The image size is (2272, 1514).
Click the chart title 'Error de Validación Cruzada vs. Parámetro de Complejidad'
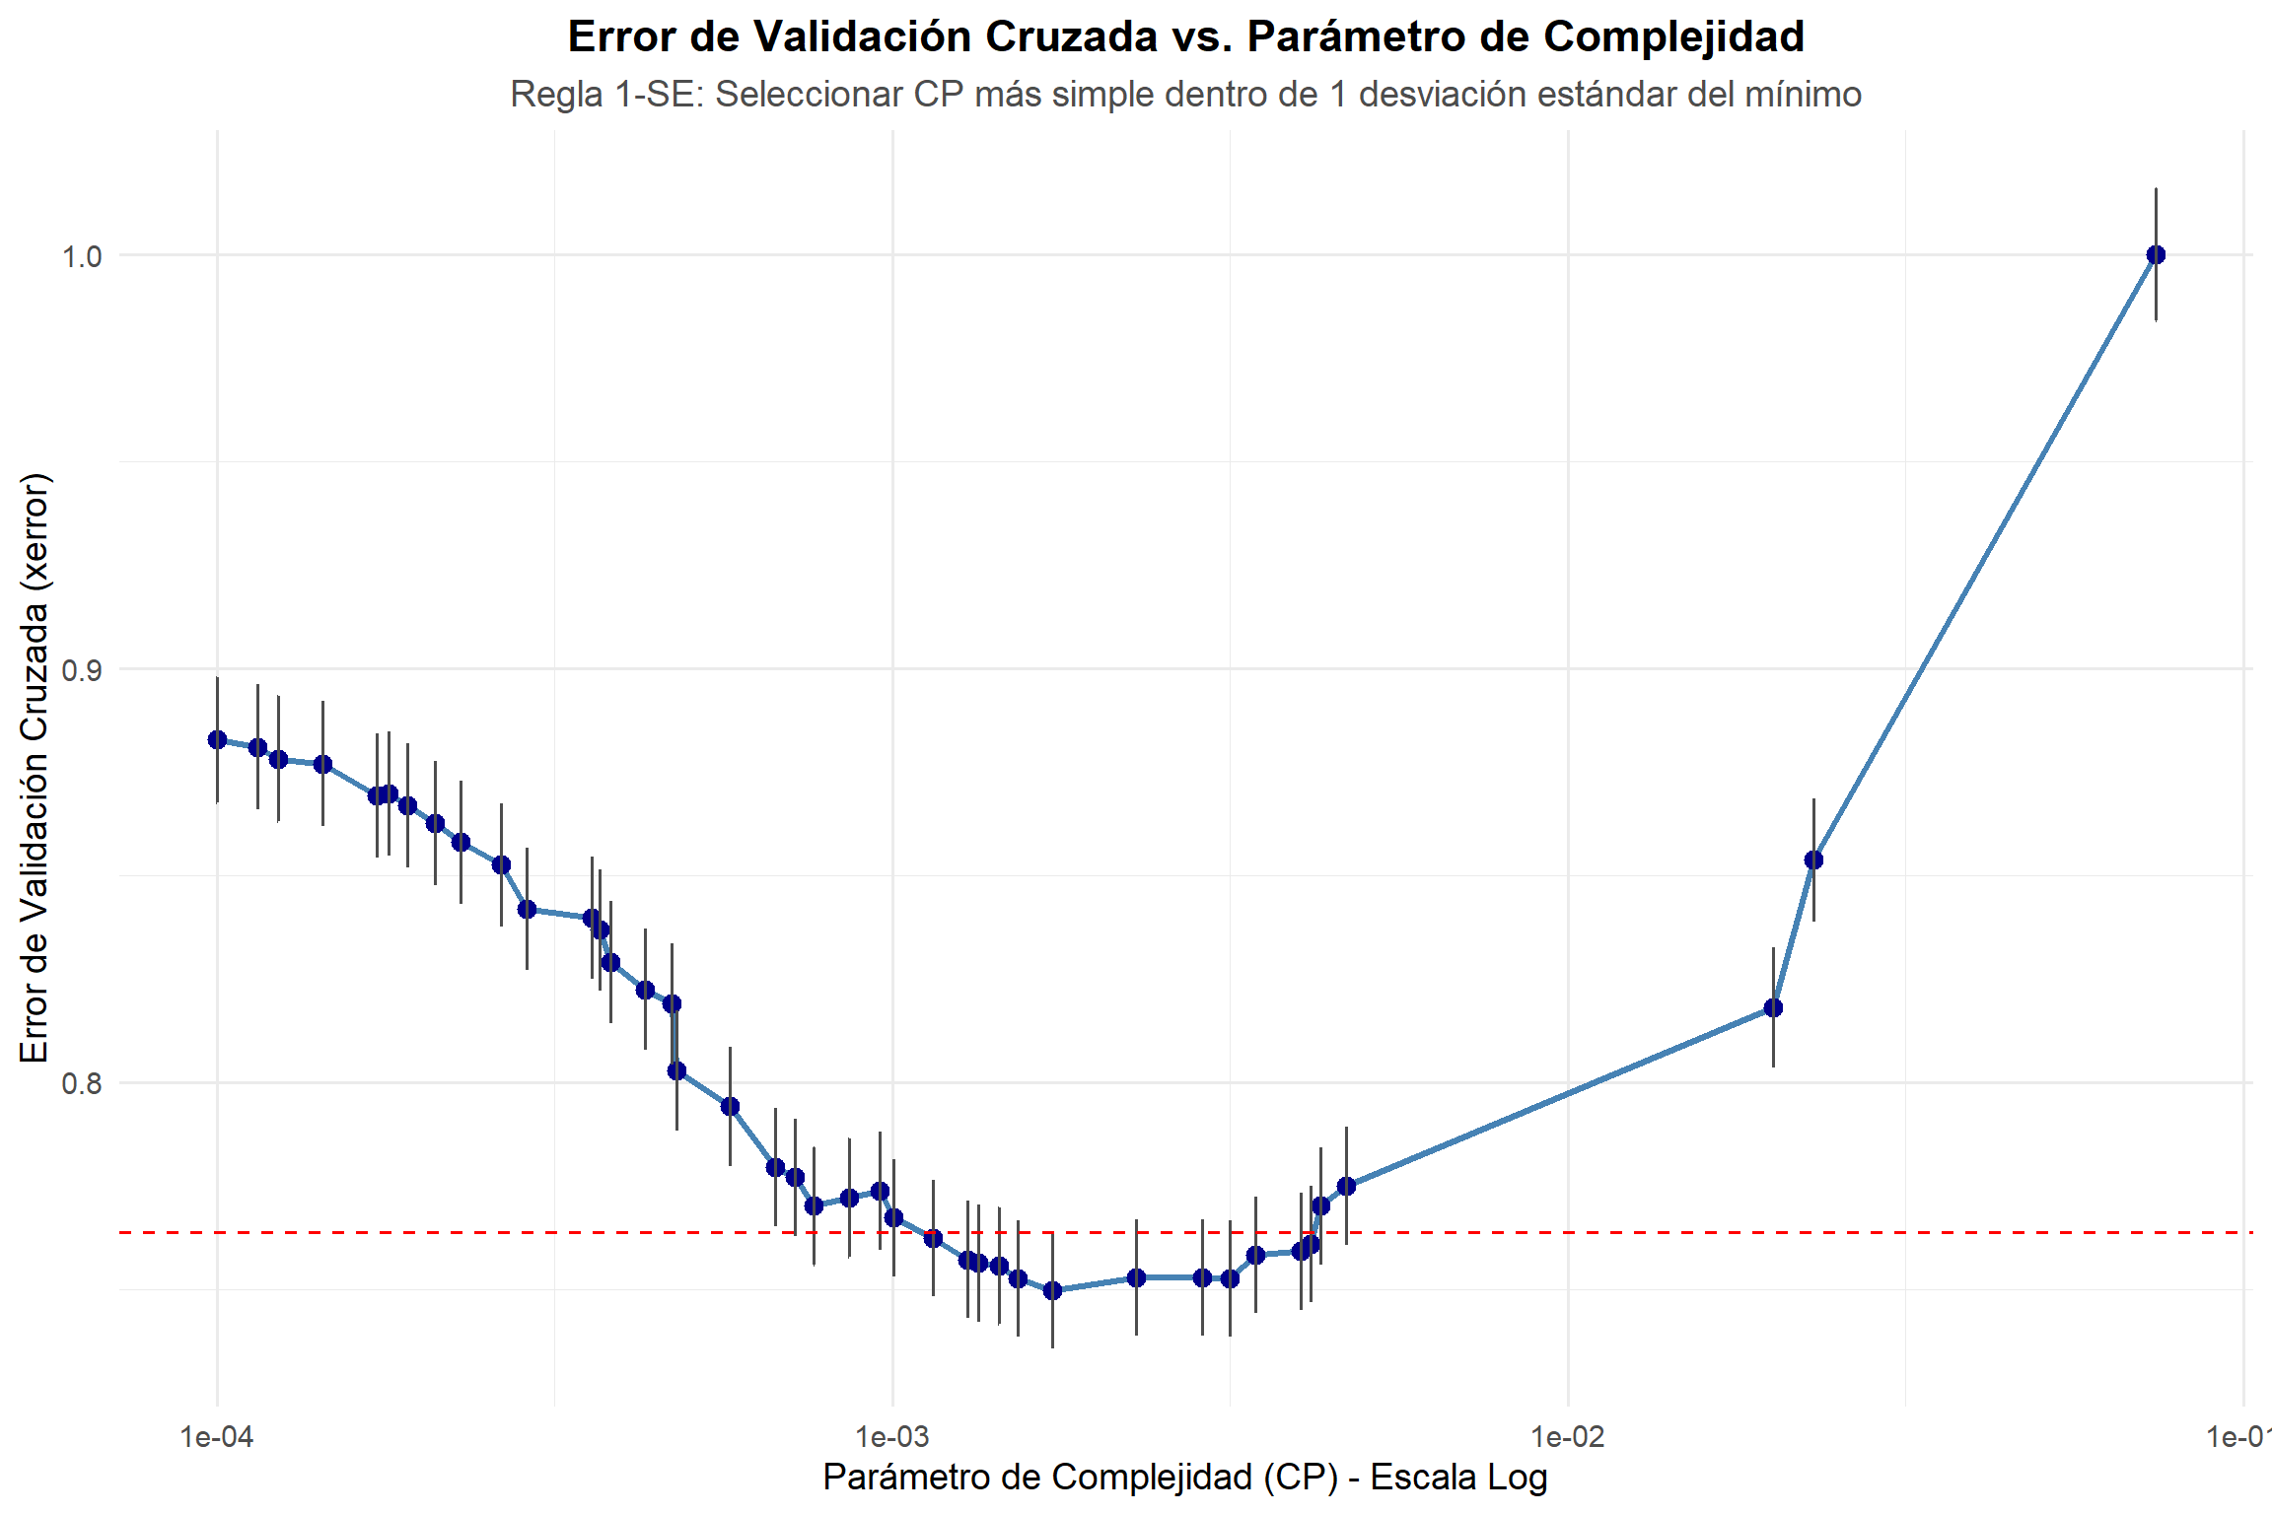pos(1185,37)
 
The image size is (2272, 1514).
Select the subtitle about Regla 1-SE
pos(1185,95)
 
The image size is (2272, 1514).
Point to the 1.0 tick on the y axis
pos(82,256)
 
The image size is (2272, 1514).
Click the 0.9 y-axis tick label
pos(82,670)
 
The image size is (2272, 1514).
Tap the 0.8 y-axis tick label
pos(82,1083)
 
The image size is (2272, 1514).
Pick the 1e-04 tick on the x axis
pos(217,1437)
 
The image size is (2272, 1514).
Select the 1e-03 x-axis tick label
pos(892,1437)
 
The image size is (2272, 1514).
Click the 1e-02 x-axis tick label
pos(1568,1437)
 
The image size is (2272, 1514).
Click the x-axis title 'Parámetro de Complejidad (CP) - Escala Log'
pos(1185,1478)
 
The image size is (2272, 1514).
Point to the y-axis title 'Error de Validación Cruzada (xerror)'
pos(35,768)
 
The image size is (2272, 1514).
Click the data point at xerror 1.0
pos(2156,255)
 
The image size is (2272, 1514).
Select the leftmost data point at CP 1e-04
pos(217,740)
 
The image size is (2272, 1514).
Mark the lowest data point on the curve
pos(1052,1290)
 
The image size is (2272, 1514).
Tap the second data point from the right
pos(1813,860)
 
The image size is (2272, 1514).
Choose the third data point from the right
pos(1773,1007)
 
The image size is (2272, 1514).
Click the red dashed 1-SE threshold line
pos(1578,1232)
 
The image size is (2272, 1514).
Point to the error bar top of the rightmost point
pos(2156,189)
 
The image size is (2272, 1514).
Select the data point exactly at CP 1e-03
pos(893,1218)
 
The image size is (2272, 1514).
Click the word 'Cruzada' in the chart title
pos(1071,37)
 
